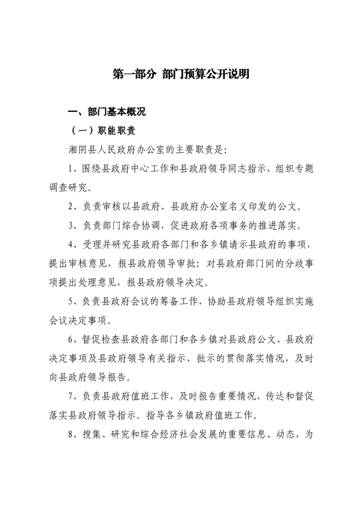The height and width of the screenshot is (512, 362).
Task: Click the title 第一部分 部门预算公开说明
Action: coord(181,75)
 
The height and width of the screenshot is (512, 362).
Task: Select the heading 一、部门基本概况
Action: coord(106,112)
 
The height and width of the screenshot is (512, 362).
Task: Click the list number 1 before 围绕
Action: coord(70,169)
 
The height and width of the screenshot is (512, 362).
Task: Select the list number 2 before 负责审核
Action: coord(70,207)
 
